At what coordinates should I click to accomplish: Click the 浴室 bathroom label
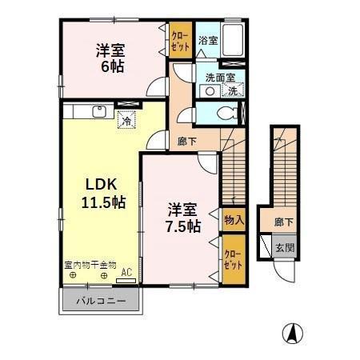click(x=208, y=41)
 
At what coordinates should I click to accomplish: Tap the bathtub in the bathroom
click(x=233, y=40)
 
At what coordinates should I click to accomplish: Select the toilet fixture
click(x=228, y=114)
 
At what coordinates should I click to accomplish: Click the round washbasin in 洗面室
click(x=210, y=91)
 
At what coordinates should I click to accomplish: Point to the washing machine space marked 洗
click(x=233, y=90)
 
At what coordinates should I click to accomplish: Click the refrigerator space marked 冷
click(x=126, y=120)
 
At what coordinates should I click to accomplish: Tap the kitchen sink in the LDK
click(x=99, y=111)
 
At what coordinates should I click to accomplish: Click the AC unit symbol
click(x=126, y=281)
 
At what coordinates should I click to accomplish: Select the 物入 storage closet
click(x=234, y=220)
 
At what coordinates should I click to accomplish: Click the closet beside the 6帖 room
click(x=181, y=40)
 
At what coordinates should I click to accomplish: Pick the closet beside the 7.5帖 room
click(x=234, y=259)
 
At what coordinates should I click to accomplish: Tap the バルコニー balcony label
click(x=101, y=301)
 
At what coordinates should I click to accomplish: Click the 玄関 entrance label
click(x=285, y=248)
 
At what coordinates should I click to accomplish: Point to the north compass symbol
click(x=293, y=334)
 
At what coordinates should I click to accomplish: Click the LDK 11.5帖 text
click(x=102, y=193)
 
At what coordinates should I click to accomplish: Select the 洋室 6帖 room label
click(x=110, y=58)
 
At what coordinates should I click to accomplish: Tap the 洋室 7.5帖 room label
click(x=182, y=218)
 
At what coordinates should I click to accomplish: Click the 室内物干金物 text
click(x=90, y=265)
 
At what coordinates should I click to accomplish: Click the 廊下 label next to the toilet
click(x=187, y=142)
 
